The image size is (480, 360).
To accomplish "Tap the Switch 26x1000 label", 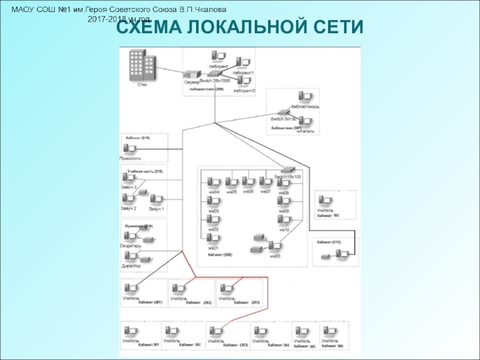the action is pos(215,80).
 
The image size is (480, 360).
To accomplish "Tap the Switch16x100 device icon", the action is pos(289,170).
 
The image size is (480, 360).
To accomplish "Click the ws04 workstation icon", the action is pos(213,183).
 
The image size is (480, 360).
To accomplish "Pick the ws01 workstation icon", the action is pos(213,240).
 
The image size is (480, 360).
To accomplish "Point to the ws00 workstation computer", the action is pos(275,247).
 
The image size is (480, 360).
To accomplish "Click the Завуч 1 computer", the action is pos(156,200).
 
